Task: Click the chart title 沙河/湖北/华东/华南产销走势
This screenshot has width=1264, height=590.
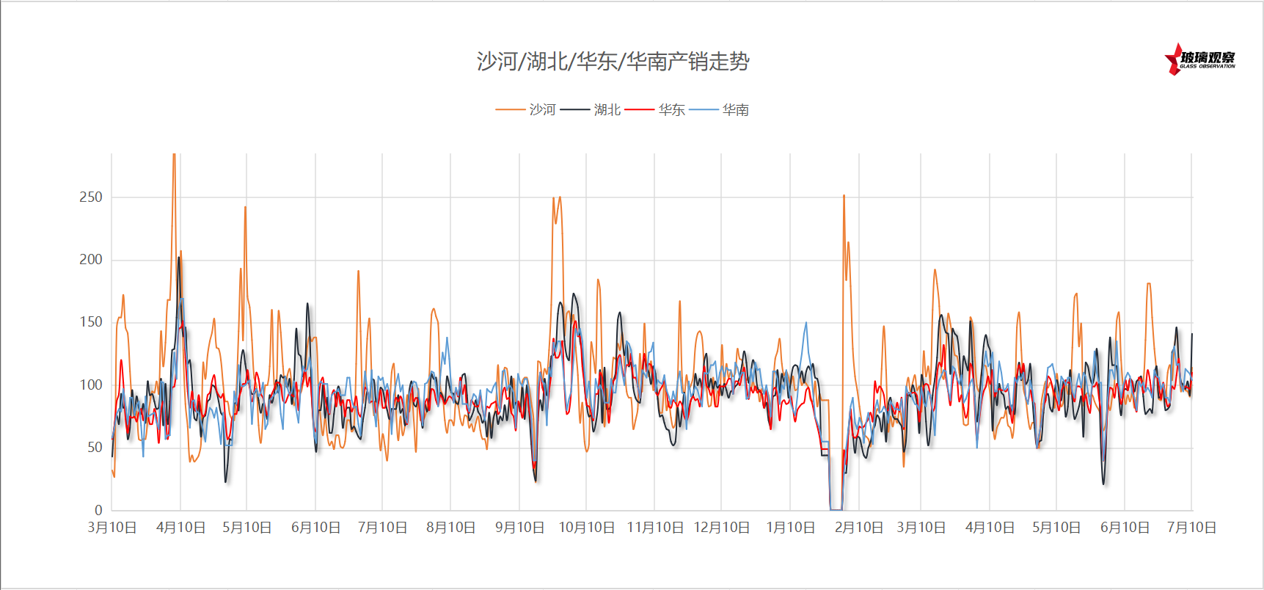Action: [613, 62]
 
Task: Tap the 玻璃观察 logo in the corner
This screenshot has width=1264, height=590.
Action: [1200, 59]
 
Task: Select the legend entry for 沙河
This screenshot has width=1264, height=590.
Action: [526, 110]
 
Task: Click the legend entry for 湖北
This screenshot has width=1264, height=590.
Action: [591, 110]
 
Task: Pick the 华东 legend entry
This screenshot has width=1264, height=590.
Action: [655, 110]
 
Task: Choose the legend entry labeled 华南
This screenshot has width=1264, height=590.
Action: [719, 110]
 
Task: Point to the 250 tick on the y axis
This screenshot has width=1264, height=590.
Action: [91, 197]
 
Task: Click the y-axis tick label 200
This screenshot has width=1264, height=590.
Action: [91, 259]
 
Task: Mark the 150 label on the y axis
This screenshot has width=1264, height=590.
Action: [91, 321]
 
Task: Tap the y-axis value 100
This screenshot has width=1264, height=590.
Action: [91, 385]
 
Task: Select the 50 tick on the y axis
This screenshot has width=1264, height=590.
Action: [95, 447]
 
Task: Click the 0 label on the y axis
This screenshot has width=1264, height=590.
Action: [98, 510]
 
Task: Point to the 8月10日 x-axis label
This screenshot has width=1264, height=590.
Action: [450, 528]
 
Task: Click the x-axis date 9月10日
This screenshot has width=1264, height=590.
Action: [519, 528]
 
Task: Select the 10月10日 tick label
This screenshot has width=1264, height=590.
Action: [586, 528]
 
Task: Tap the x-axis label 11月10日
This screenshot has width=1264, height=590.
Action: [654, 528]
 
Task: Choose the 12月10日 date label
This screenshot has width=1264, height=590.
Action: [721, 528]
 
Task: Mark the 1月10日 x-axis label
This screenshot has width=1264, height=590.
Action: [790, 528]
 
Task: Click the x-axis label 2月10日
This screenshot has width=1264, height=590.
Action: [858, 528]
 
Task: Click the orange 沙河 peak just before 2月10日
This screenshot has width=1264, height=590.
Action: [844, 196]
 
